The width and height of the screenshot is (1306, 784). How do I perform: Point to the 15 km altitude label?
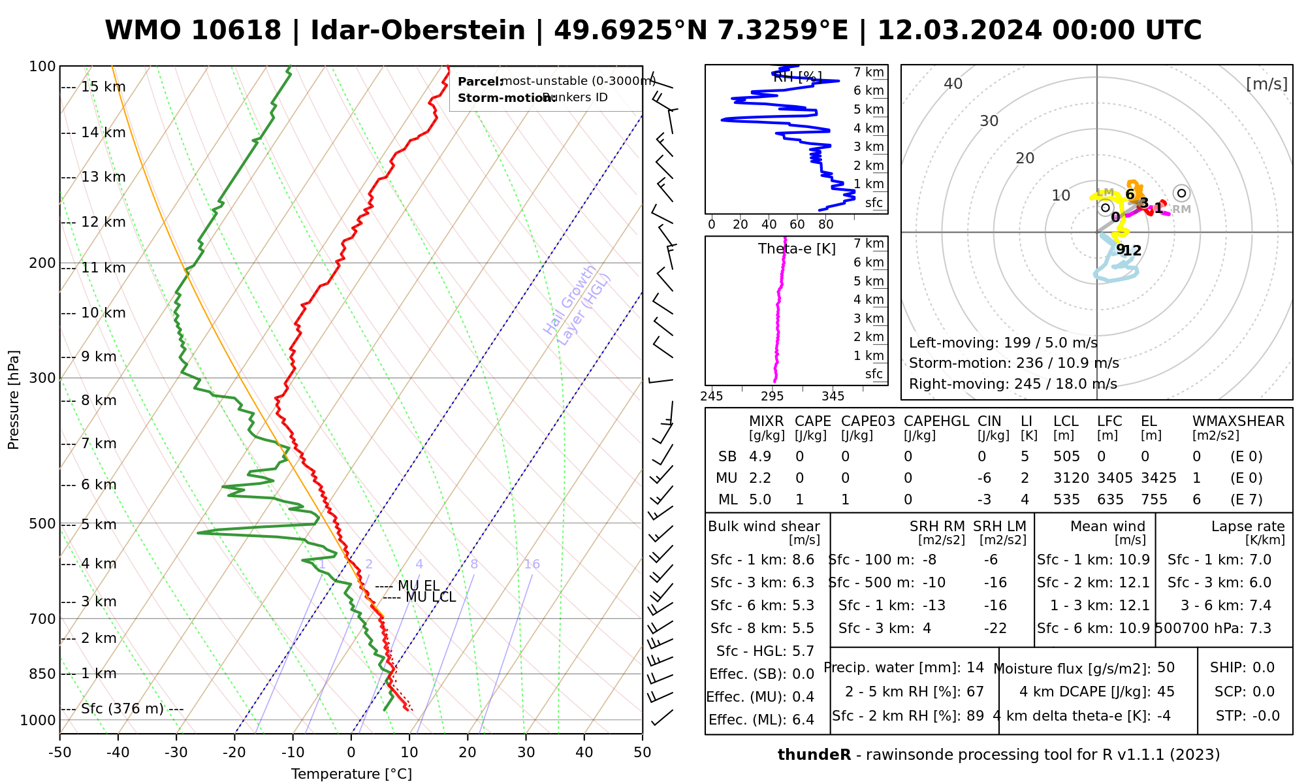(x=103, y=87)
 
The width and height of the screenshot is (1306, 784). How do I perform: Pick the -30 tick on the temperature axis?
(x=176, y=752)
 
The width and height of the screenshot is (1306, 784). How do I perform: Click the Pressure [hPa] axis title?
(x=14, y=400)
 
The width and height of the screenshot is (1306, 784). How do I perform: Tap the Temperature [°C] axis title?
(x=351, y=774)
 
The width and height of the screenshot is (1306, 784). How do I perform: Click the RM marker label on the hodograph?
(x=1181, y=210)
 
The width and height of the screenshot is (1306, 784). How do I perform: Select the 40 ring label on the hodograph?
(x=953, y=84)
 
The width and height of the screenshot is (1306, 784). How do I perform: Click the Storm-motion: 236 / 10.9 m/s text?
(x=1013, y=363)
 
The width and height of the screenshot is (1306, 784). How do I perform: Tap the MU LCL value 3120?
(x=1071, y=478)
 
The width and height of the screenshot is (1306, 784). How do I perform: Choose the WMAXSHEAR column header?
(x=1238, y=421)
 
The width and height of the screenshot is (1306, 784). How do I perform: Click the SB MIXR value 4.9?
(x=760, y=457)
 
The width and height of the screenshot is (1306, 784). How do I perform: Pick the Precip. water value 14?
(x=975, y=668)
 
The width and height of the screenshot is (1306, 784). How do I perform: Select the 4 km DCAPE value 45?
(x=1166, y=692)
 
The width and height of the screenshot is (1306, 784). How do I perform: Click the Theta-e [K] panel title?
(x=797, y=249)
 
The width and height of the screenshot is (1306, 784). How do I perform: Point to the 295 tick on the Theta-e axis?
(x=772, y=396)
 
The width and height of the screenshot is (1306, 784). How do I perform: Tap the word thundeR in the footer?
(x=814, y=755)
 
